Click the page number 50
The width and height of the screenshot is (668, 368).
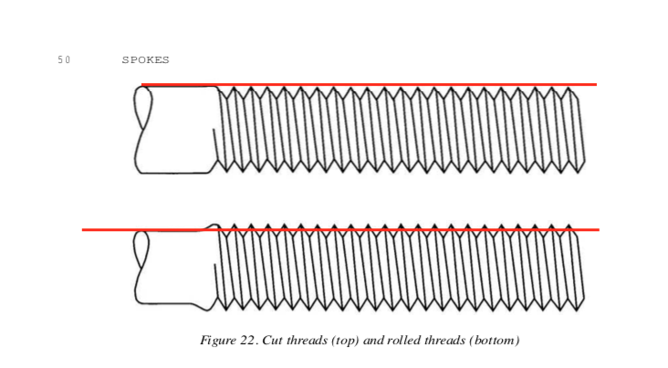pos(64,59)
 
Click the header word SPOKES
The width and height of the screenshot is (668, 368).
pos(146,59)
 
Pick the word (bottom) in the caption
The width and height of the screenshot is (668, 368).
pos(495,341)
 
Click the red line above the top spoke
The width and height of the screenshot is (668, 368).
pos(369,84)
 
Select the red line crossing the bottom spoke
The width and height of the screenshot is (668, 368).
pos(340,230)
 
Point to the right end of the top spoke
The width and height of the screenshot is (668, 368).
pos(584,162)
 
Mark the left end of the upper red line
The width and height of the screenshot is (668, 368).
pos(141,84)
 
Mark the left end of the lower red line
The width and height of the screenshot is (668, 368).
pos(82,230)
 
